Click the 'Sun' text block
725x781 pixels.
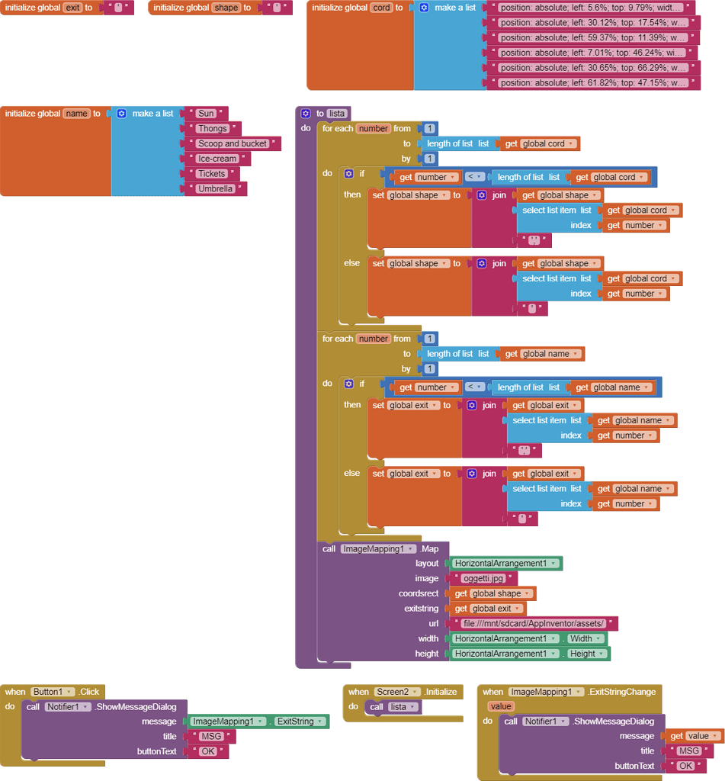(x=206, y=114)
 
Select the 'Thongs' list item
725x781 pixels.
(x=212, y=129)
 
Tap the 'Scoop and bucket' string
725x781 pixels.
(x=233, y=143)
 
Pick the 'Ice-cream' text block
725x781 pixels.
(x=217, y=159)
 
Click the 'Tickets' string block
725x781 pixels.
(x=211, y=174)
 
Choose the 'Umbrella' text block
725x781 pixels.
(x=215, y=189)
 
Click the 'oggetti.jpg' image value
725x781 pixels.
(x=483, y=578)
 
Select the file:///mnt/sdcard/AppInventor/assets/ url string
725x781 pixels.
(x=533, y=623)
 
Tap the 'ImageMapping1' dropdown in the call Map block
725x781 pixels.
(x=378, y=548)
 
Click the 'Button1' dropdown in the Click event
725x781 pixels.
(x=53, y=692)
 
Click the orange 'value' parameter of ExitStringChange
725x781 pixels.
(x=502, y=706)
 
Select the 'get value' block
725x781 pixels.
(x=694, y=736)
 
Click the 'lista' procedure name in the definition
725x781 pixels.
(x=337, y=114)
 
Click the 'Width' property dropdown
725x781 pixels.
(x=584, y=638)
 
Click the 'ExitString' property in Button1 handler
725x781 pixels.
(x=298, y=721)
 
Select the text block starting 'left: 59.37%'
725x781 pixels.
(x=592, y=37)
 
